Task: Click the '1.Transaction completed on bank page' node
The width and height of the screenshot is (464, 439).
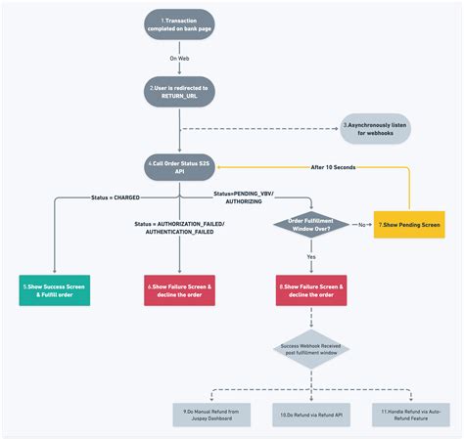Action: tap(180, 24)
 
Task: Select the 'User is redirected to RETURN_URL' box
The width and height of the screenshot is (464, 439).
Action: tap(180, 91)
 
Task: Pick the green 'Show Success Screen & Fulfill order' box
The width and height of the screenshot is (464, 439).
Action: tap(55, 289)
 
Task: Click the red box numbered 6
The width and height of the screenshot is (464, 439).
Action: tap(180, 289)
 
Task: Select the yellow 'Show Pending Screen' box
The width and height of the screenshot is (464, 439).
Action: tap(404, 224)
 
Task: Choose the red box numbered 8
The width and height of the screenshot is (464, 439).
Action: tap(310, 289)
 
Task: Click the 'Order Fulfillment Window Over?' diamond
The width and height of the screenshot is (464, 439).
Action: tap(310, 224)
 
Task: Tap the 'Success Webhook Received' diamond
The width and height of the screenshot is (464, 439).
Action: tap(310, 349)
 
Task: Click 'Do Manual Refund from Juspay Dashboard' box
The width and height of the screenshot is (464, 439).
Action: tap(212, 414)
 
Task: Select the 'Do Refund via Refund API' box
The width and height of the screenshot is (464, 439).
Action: tap(310, 414)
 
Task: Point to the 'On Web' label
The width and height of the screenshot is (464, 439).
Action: tap(180, 58)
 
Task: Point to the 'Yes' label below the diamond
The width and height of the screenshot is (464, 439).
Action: tap(310, 256)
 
